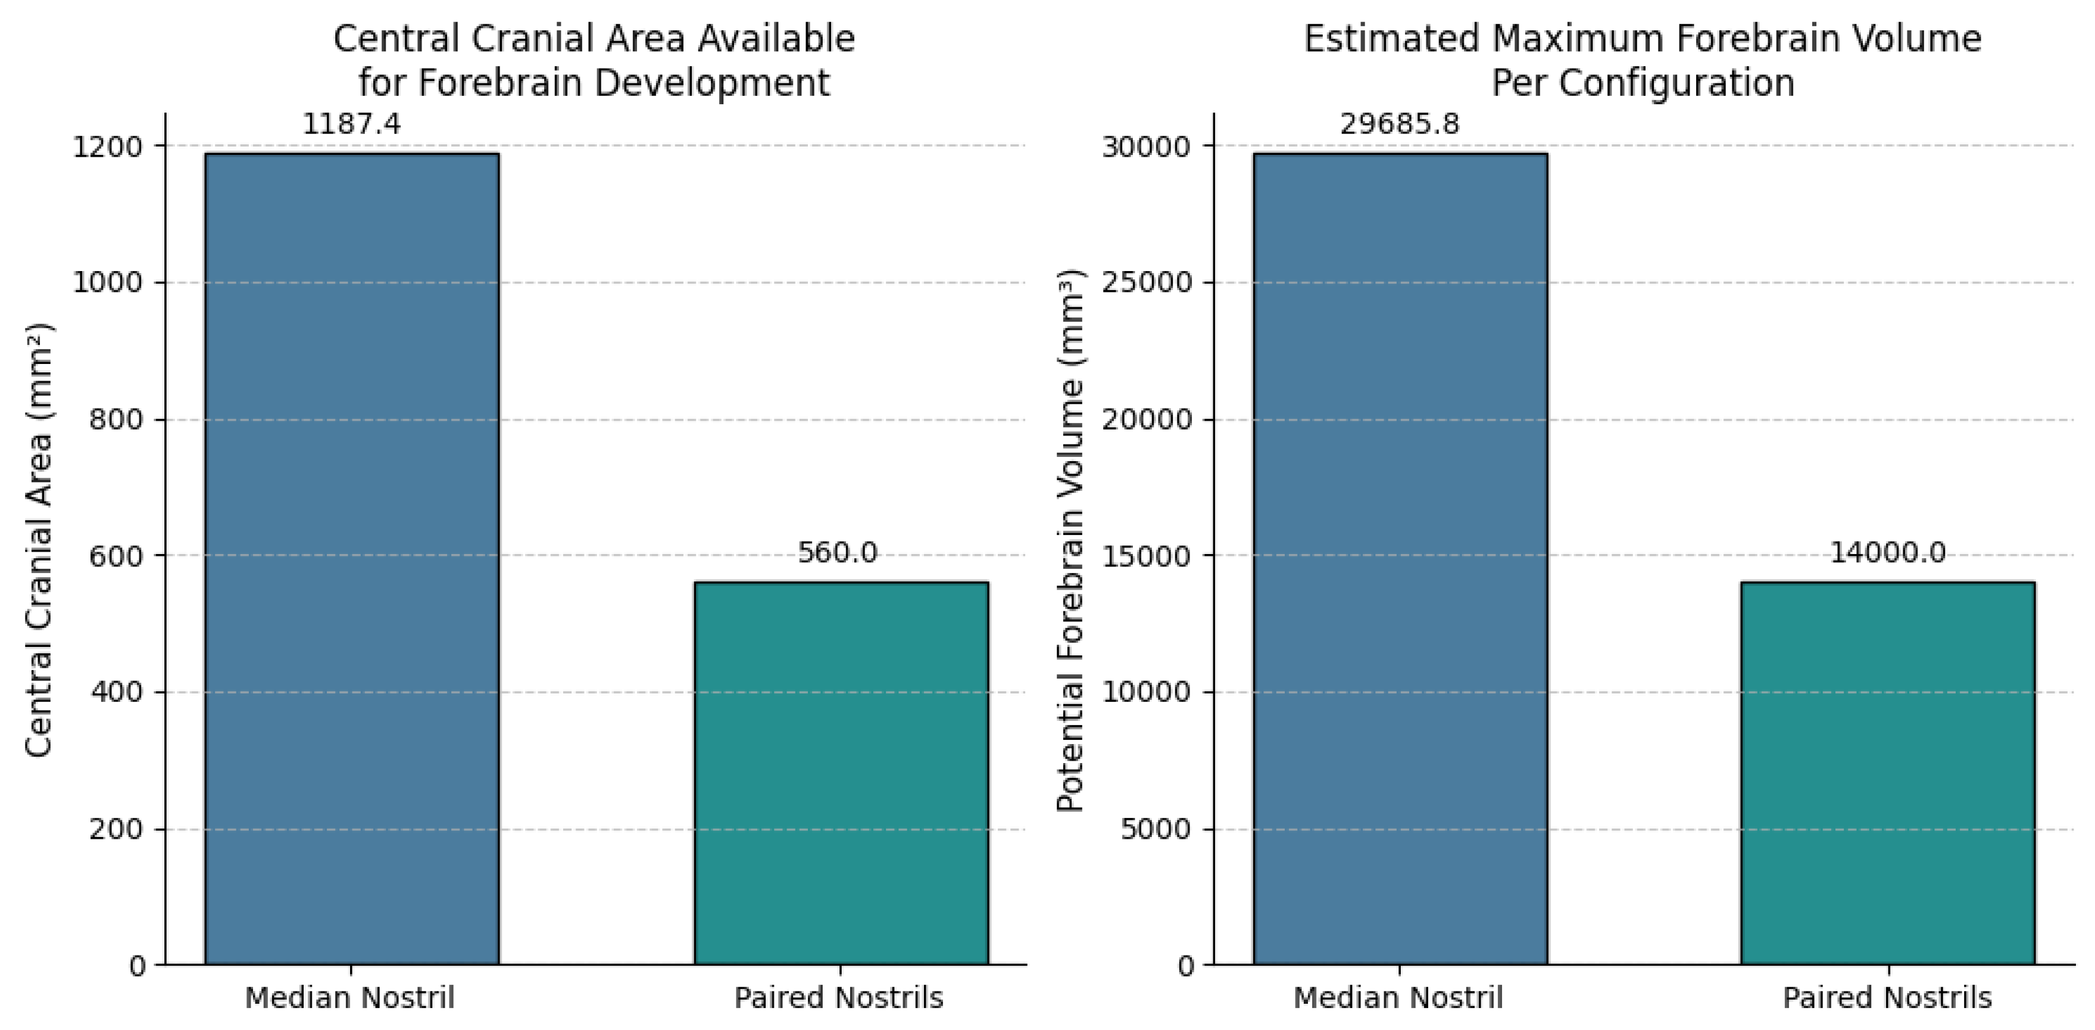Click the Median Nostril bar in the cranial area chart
[x=351, y=558]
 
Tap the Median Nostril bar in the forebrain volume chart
[x=1400, y=558]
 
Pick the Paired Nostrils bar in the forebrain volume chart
[x=1888, y=773]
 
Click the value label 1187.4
[x=351, y=124]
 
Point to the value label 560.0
[x=838, y=553]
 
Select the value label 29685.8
[x=1400, y=124]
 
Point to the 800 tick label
[x=115, y=421]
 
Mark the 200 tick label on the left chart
[x=115, y=830]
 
